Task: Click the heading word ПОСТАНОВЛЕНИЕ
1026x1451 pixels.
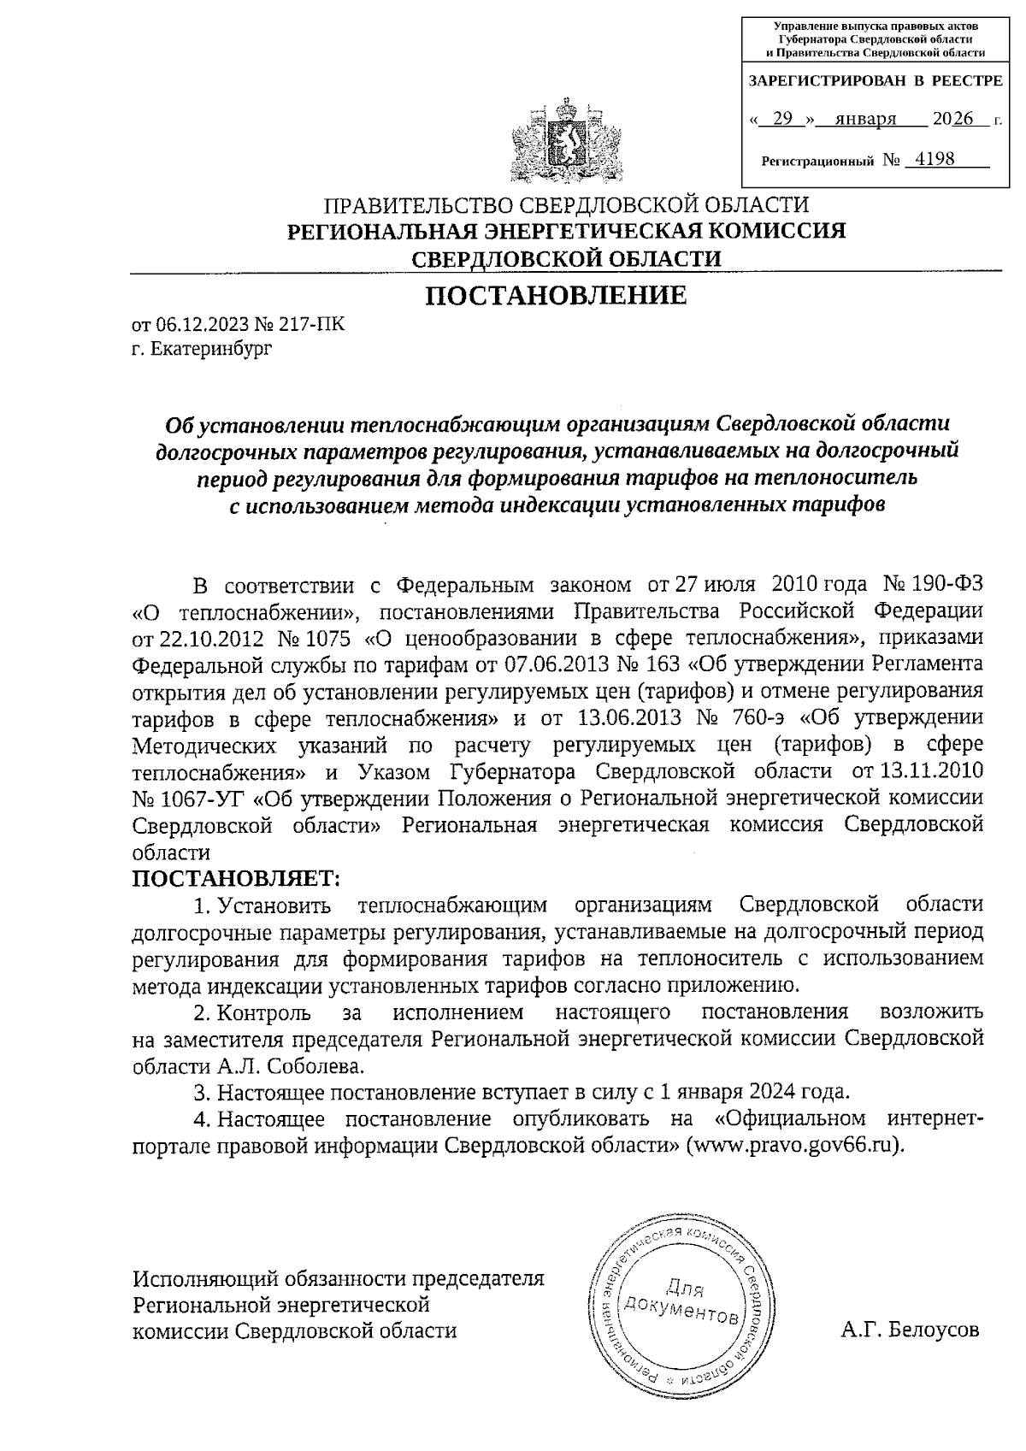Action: pos(556,296)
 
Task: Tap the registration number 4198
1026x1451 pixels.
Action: pos(934,159)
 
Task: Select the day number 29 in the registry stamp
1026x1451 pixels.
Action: pos(782,119)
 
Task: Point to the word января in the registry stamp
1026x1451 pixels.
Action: pos(866,119)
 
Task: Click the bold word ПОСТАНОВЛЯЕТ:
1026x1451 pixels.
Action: pos(236,878)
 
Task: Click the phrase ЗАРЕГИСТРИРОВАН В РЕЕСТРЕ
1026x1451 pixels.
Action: pos(876,82)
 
